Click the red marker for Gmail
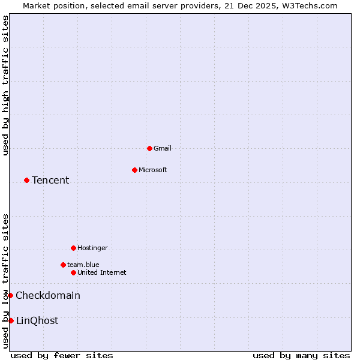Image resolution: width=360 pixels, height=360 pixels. tap(149, 148)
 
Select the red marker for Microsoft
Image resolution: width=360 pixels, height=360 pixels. tap(134, 170)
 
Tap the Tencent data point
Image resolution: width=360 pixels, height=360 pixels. tap(26, 180)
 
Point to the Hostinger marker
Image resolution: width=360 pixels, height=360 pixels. tap(73, 248)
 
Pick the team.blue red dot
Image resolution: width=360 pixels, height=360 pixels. tap(63, 265)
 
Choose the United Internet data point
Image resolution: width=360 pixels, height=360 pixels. tap(73, 272)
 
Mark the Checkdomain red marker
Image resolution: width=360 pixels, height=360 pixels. tap(10, 295)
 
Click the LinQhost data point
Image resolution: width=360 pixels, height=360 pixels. tap(11, 320)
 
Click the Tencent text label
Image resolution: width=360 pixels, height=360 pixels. tap(50, 180)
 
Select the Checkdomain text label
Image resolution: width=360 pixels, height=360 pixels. tap(48, 295)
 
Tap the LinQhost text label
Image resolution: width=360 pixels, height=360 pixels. tap(37, 320)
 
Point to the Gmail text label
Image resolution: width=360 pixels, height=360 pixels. tap(163, 148)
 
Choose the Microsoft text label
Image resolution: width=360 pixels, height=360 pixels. tap(153, 170)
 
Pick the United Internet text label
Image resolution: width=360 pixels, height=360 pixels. tap(102, 272)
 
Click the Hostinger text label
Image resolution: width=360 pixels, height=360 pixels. tap(93, 248)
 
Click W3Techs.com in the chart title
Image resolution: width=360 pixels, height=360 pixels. tap(308, 5)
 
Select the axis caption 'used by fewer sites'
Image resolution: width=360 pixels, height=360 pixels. tap(62, 355)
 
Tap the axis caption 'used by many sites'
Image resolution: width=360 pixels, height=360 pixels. tap(301, 355)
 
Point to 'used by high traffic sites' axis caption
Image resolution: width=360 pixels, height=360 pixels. tap(5, 85)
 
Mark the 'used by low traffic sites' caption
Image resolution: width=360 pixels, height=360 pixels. tap(5, 281)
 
